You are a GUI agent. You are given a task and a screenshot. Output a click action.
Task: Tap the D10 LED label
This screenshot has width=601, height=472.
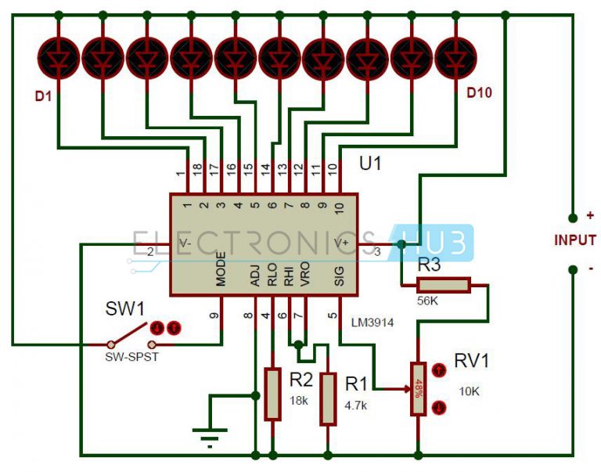click(479, 93)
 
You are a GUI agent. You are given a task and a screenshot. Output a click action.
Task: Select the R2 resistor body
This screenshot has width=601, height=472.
click(272, 394)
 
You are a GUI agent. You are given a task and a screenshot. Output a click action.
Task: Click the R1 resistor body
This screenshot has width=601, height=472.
click(327, 397)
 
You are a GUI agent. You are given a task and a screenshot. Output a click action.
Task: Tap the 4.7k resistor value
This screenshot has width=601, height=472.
click(356, 405)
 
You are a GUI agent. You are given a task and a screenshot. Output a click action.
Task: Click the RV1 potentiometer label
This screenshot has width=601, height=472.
click(471, 362)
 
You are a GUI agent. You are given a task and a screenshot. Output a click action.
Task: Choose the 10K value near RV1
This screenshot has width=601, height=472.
click(469, 390)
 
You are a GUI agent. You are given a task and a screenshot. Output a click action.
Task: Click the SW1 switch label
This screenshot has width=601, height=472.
click(124, 308)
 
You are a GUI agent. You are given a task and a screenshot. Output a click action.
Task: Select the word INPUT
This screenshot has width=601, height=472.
click(575, 240)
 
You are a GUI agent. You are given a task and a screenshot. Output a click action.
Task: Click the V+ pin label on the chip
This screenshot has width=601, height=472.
click(342, 243)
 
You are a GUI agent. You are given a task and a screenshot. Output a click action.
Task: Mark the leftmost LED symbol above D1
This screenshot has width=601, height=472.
click(57, 56)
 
